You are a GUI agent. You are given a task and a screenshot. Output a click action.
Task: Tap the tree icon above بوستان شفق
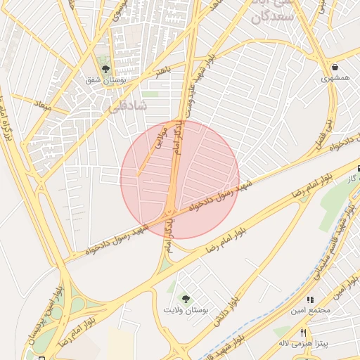[x=105, y=69]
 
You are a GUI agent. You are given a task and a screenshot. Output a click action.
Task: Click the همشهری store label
[x=335, y=79]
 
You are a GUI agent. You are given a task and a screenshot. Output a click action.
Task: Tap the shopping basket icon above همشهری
[x=335, y=67]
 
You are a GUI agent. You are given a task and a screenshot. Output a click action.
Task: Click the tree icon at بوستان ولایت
[x=186, y=299]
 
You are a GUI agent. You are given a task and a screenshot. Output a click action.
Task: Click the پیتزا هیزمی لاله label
[x=303, y=344]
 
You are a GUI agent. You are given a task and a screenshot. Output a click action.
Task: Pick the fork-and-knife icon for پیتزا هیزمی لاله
[x=304, y=333]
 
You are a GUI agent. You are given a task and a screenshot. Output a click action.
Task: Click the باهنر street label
[x=164, y=70]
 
